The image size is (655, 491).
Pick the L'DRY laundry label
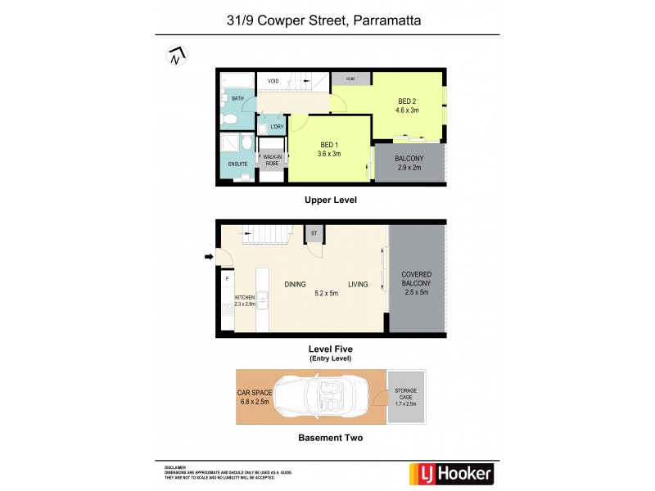[276, 127]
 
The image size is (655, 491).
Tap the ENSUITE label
[237, 164]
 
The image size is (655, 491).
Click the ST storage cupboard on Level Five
[314, 233]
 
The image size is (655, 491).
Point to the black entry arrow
[209, 258]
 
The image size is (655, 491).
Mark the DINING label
[296, 285]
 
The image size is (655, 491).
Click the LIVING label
[358, 285]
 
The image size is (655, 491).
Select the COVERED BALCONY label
[416, 282]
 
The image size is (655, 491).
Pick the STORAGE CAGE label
[405, 396]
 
